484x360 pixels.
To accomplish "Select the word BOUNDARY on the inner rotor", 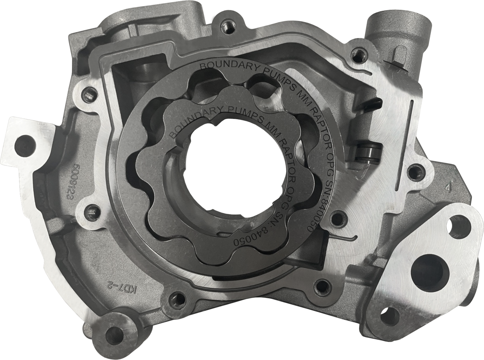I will (x=190, y=120).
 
